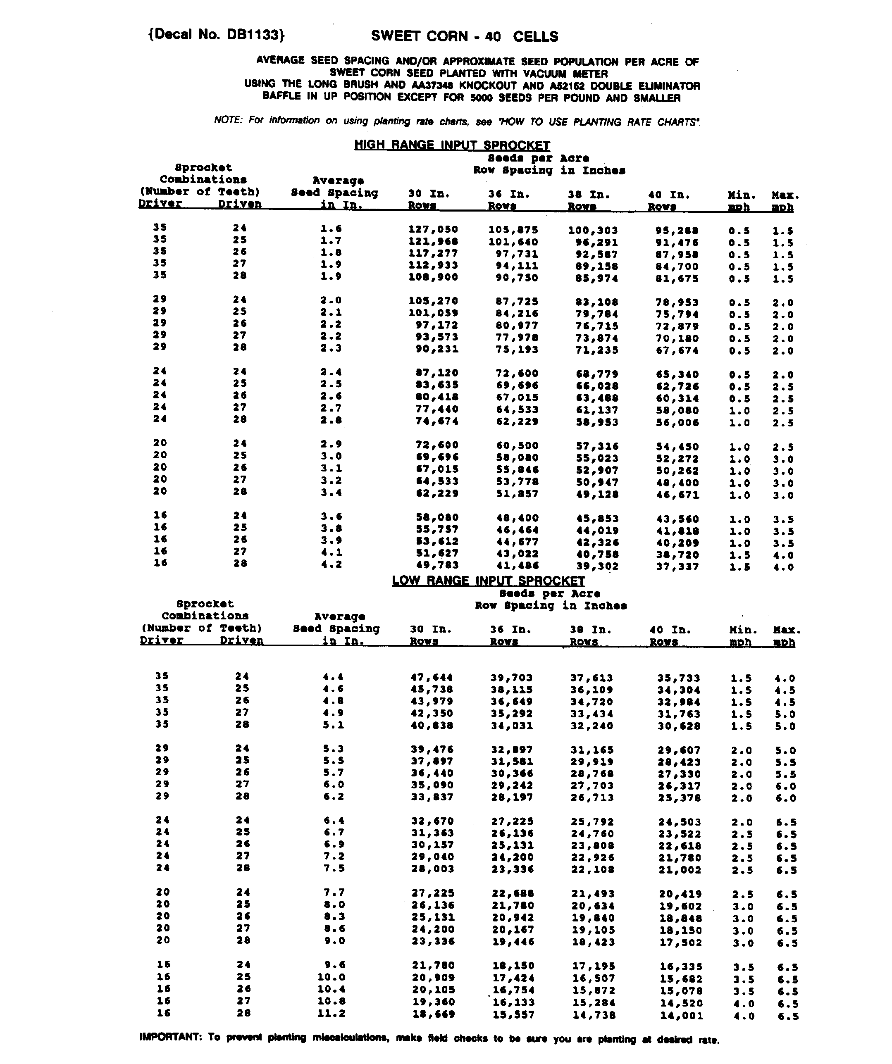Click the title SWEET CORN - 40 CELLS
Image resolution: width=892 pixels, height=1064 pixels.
click(464, 36)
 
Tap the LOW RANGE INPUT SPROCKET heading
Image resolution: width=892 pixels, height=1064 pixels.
click(488, 581)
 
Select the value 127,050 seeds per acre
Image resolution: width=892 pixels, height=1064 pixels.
click(433, 229)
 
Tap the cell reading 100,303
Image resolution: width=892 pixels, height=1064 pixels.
click(592, 231)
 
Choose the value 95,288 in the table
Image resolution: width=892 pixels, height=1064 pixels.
click(677, 231)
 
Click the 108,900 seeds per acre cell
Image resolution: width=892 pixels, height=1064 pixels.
click(433, 277)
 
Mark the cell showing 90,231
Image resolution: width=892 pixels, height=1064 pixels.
click(436, 349)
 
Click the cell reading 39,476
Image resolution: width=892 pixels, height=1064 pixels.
click(432, 750)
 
